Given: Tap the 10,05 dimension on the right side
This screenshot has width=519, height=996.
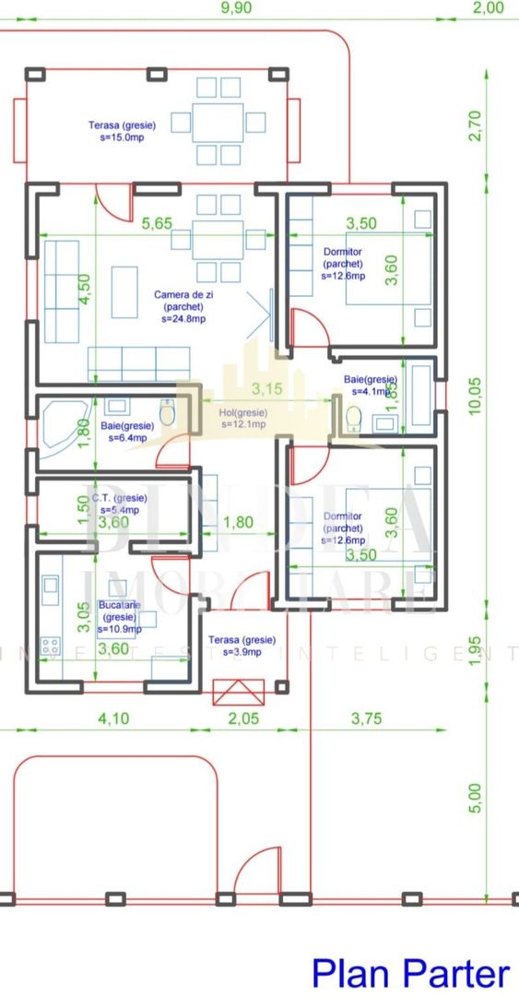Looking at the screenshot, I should point(475,396).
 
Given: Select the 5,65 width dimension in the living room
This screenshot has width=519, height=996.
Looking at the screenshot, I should point(149,222).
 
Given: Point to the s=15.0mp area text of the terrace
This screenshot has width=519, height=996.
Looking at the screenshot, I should point(122,137).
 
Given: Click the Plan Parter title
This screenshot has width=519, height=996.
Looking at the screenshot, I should point(409,972).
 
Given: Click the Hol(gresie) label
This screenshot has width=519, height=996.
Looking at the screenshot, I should point(242,412).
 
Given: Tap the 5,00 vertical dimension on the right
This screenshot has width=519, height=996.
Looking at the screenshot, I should point(475,799).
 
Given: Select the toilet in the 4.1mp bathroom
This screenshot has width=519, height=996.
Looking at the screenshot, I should point(352,418).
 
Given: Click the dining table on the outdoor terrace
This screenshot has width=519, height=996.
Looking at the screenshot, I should point(218,121).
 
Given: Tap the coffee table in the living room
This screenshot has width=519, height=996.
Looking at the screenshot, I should point(124,291).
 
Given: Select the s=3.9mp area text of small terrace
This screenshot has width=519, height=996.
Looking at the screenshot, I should point(241,652).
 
